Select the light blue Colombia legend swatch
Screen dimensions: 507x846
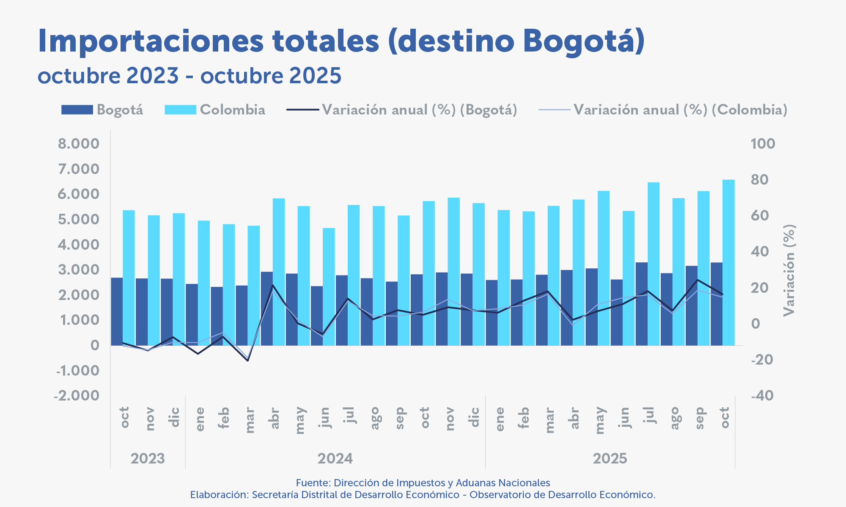[x=180, y=110]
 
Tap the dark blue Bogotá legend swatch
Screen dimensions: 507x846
[x=77, y=110]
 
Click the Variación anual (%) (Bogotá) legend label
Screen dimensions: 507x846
[x=419, y=110]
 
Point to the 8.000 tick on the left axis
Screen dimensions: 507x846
[x=79, y=144]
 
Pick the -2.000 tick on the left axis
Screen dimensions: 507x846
[x=77, y=396]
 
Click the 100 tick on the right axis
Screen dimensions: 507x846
[x=763, y=144]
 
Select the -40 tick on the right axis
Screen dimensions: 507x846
[x=762, y=396]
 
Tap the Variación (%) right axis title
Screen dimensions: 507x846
[x=789, y=270]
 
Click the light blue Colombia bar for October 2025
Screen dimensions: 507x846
[x=728, y=262]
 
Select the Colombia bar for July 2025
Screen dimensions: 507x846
[x=654, y=264]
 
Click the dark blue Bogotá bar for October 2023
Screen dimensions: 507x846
[x=117, y=311]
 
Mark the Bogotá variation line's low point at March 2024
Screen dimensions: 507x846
[x=248, y=360]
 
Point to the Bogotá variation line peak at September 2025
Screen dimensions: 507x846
[x=698, y=280]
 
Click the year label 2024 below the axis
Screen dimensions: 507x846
[x=335, y=458]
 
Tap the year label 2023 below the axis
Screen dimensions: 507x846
[x=148, y=458]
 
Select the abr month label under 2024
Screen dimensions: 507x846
[x=275, y=418]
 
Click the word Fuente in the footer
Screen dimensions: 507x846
[x=313, y=483]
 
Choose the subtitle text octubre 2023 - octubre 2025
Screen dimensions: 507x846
[x=190, y=76]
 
